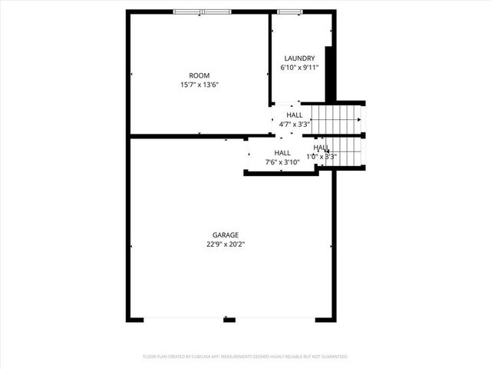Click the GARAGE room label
pyautogui.click(x=226, y=235)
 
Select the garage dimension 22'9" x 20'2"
pyautogui.click(x=226, y=244)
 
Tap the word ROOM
pyautogui.click(x=199, y=75)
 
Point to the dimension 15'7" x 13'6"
pyautogui.click(x=199, y=85)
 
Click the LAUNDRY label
pyautogui.click(x=299, y=58)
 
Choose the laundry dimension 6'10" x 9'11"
pyautogui.click(x=299, y=68)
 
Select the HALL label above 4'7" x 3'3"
pyautogui.click(x=295, y=115)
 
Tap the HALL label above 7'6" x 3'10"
pyautogui.click(x=282, y=153)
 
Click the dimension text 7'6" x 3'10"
pyautogui.click(x=282, y=162)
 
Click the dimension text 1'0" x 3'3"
pyautogui.click(x=322, y=156)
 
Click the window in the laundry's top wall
pyautogui.click(x=289, y=12)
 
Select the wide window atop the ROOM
pyautogui.click(x=202, y=12)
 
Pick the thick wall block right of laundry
pyautogui.click(x=330, y=74)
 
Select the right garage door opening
pyautogui.click(x=273, y=320)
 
